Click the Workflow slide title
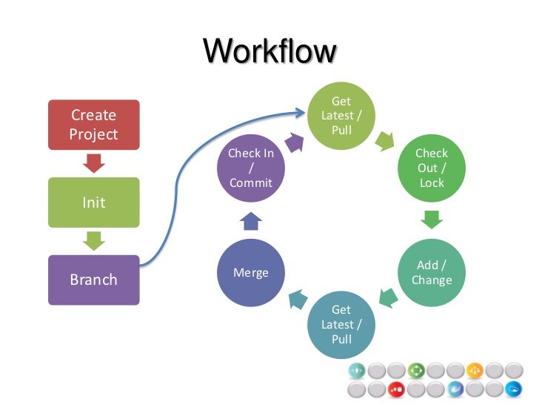(x=269, y=52)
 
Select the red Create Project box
(x=93, y=125)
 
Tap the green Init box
(x=93, y=202)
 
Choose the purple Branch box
(x=93, y=280)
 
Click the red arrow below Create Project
(x=93, y=163)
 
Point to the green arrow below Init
(x=93, y=240)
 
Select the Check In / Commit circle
(x=250, y=168)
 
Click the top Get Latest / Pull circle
(x=341, y=116)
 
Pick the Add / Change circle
(x=432, y=272)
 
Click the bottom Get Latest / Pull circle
(x=341, y=324)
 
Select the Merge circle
(x=250, y=272)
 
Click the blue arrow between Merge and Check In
(x=250, y=220)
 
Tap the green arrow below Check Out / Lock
(x=432, y=220)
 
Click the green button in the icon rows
(x=415, y=369)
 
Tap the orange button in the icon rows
(x=475, y=369)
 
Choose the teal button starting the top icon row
(x=357, y=369)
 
